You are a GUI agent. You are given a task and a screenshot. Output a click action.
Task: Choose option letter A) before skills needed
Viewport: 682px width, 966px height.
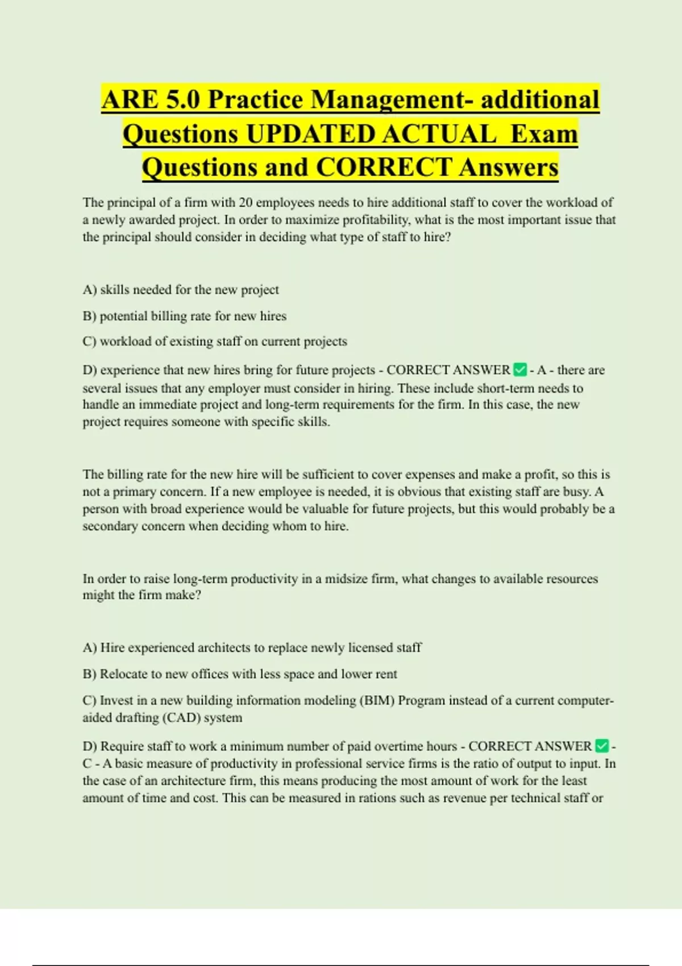pos(90,290)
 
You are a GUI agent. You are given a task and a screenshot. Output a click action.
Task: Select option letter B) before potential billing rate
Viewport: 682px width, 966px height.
pos(90,316)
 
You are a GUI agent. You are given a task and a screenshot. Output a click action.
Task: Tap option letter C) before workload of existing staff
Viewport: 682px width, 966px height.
pos(90,342)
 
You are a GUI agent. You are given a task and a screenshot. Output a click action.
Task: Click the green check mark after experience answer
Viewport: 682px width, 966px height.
pos(519,370)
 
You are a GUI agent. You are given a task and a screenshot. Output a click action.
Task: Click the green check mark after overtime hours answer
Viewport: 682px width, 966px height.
pos(601,746)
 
